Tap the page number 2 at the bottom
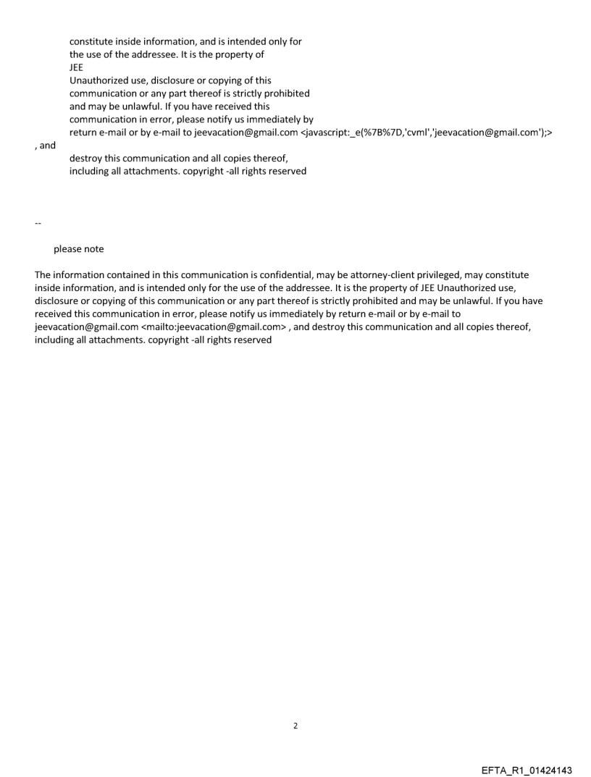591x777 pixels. tap(295, 726)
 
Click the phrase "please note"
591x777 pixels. tap(78, 249)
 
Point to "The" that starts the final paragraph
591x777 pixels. tap(43, 275)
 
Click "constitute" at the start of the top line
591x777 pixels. tap(92, 41)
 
